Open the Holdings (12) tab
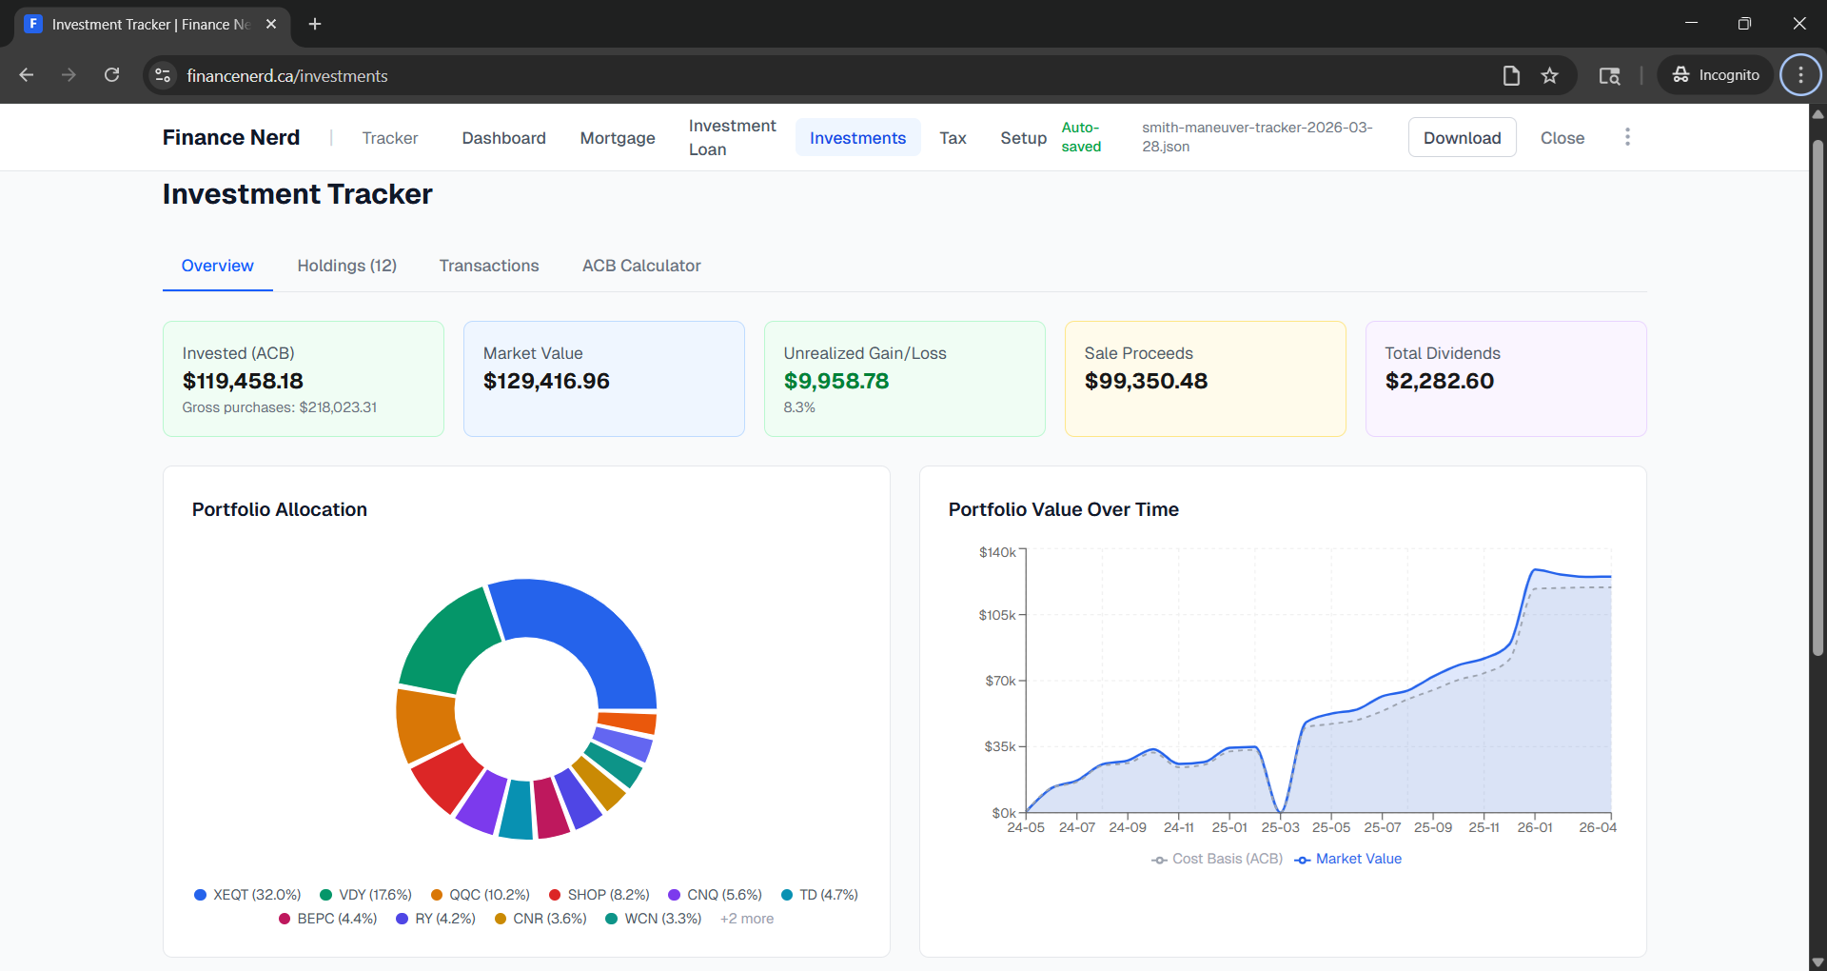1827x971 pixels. (346, 266)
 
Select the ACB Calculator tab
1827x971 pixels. (641, 266)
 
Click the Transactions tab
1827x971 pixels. (489, 266)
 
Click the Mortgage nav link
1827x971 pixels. (618, 138)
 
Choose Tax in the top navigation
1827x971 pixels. (953, 138)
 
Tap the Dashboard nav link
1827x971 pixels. (503, 138)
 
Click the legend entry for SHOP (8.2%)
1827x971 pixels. (599, 895)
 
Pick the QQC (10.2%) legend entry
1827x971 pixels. (481, 895)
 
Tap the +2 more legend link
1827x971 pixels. (747, 919)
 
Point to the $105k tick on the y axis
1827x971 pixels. (997, 615)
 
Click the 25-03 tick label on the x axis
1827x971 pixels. (1280, 827)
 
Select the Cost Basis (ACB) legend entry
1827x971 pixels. (1217, 859)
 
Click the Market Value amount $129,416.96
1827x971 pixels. (546, 381)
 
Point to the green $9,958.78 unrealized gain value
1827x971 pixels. (836, 381)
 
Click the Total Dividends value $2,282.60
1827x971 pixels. (1439, 381)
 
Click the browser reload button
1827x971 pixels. (111, 75)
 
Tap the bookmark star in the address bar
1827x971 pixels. (1550, 75)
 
